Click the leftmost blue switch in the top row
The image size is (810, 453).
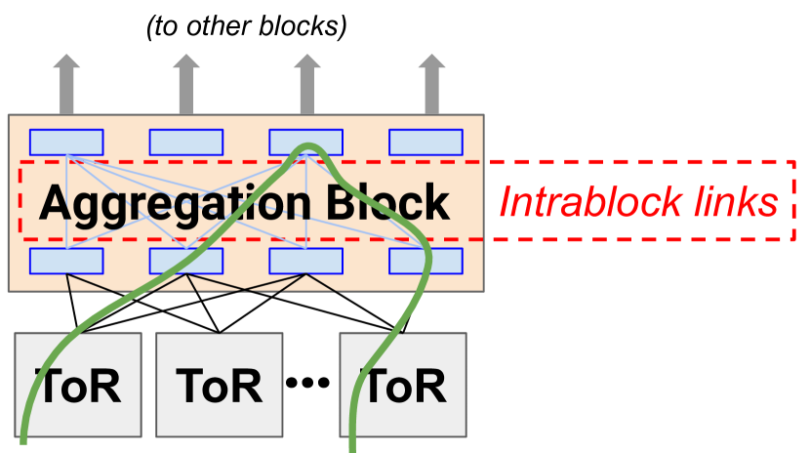pos(66,143)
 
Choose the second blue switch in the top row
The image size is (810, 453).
pos(186,143)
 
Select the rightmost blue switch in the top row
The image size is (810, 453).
pos(425,143)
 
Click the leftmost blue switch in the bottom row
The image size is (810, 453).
pos(66,261)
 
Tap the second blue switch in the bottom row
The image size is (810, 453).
pos(186,261)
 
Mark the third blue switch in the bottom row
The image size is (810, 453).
pos(306,261)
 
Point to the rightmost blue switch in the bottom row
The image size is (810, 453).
pos(425,261)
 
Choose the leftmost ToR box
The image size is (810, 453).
pos(78,385)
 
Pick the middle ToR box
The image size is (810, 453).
pos(220,385)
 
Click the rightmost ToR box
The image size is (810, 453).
pos(403,385)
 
